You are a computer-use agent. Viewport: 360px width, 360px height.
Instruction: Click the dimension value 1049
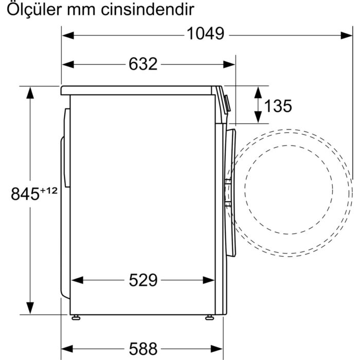click(205, 34)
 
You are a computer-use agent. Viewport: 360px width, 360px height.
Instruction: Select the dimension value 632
click(142, 64)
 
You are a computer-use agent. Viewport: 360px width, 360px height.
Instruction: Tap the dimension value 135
click(278, 106)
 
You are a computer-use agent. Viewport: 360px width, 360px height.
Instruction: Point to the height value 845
click(25, 194)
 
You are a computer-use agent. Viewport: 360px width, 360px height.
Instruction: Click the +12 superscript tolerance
click(48, 190)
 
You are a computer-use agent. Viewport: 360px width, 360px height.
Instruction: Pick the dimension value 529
click(142, 280)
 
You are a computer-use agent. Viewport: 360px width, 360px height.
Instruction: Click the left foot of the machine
click(76, 316)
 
